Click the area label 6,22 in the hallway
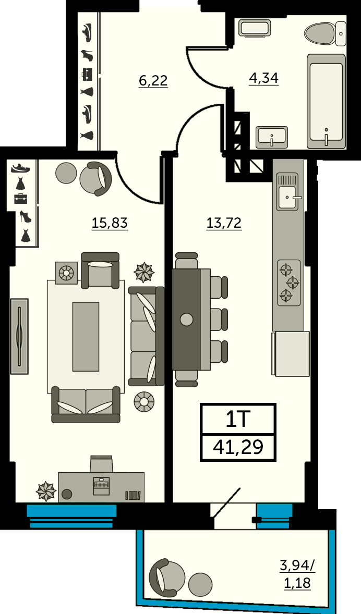(153, 81)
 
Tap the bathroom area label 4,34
(264, 78)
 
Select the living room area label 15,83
(110, 223)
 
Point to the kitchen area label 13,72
(224, 223)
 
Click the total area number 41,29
(238, 446)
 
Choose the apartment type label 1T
(238, 420)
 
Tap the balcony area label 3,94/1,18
(297, 574)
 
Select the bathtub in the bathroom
(326, 101)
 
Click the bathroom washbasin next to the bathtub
(272, 138)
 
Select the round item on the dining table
(187, 320)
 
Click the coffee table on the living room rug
(86, 336)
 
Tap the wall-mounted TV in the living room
(19, 336)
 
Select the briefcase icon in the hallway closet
(87, 74)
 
